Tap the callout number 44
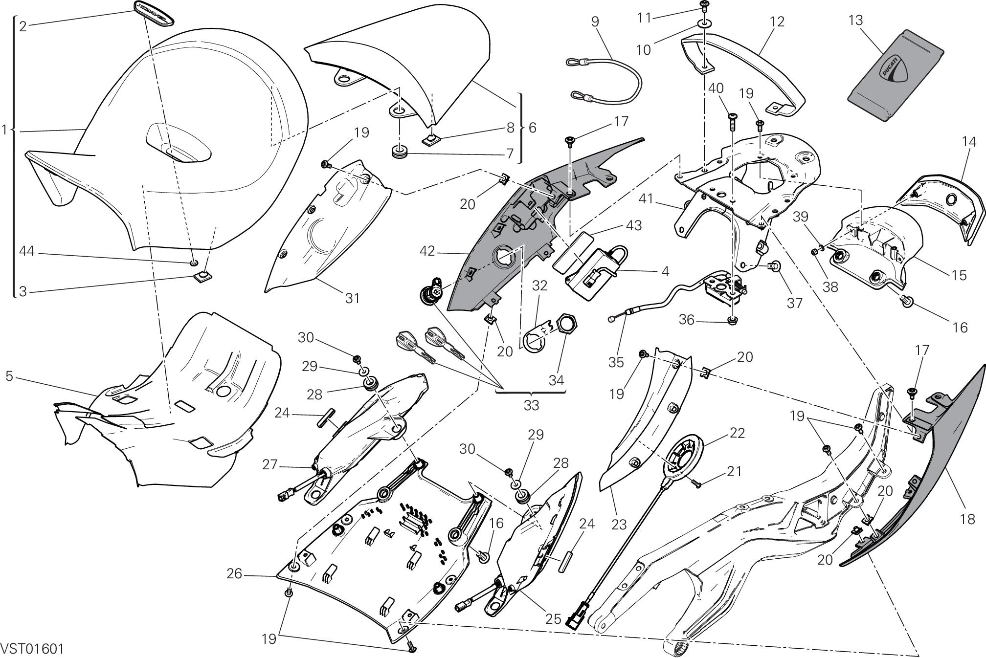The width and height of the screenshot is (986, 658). click(26, 251)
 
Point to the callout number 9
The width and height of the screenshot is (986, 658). click(595, 21)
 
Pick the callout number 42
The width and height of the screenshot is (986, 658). click(427, 252)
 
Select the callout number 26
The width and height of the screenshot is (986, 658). click(234, 573)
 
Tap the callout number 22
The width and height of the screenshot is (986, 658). click(737, 433)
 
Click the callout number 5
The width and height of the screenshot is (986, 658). click(9, 376)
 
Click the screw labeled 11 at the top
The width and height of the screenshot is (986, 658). click(704, 6)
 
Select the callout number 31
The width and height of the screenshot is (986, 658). click(352, 298)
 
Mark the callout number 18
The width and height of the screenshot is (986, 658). click(967, 519)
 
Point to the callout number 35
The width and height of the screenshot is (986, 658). click(616, 362)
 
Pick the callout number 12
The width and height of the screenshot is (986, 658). click(776, 21)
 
